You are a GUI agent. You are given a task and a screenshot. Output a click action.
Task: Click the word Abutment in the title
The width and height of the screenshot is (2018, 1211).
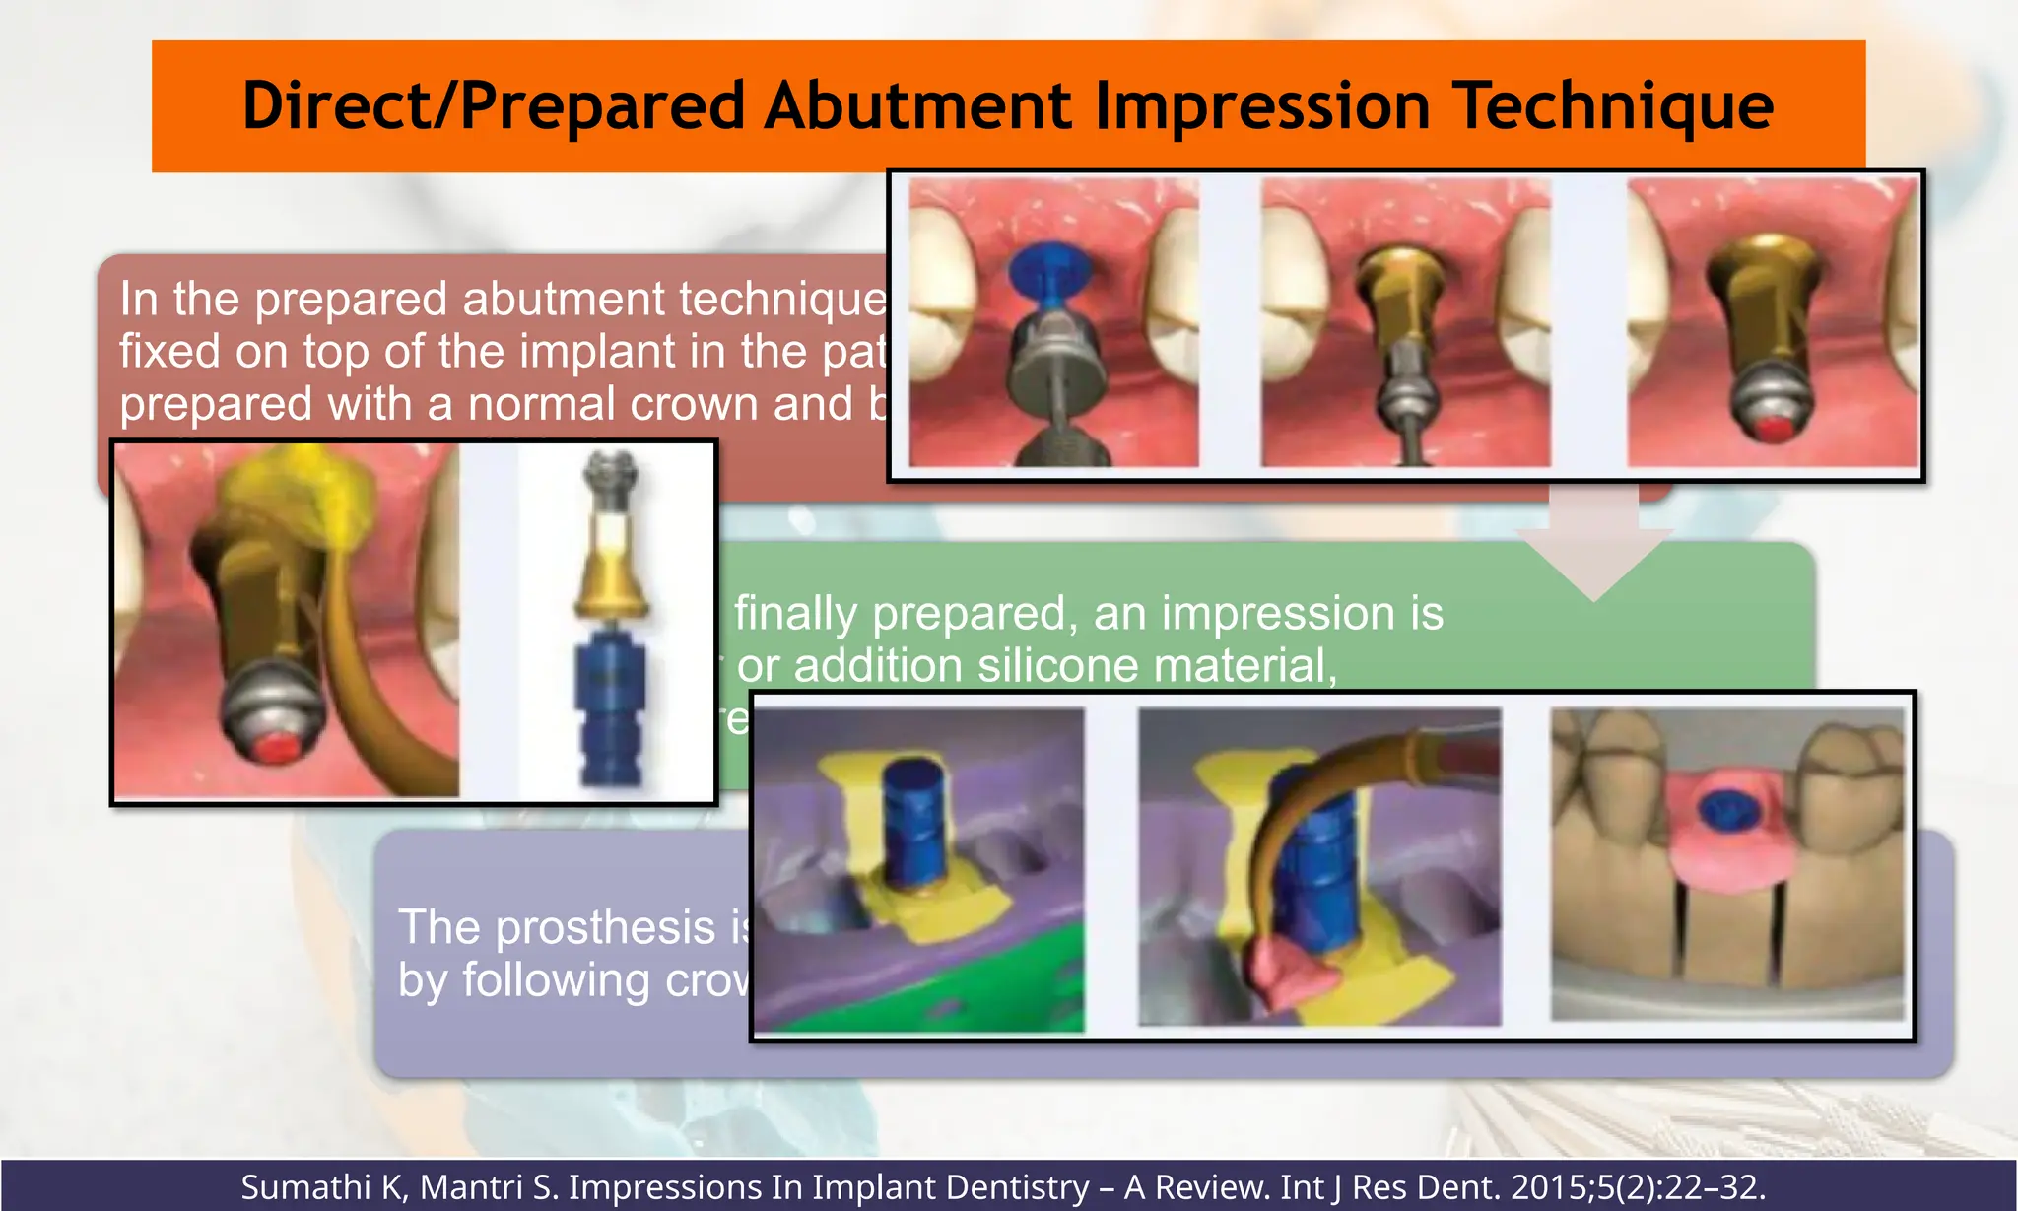point(916,105)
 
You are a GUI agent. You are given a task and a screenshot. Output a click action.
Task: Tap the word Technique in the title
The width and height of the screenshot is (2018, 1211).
point(1612,105)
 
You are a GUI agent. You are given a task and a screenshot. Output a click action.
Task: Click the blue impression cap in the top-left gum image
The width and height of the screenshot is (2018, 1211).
point(1050,271)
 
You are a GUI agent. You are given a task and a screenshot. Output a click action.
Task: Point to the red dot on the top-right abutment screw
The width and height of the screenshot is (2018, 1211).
point(1774,429)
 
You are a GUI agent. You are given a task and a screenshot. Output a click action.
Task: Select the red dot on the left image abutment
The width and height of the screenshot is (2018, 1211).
point(279,747)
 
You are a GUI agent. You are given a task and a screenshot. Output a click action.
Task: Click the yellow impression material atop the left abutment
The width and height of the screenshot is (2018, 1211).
point(296,493)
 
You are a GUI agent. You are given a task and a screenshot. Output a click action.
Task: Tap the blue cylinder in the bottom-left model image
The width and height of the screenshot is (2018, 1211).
point(913,818)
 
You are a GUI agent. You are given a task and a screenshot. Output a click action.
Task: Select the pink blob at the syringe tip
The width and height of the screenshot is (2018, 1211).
point(1291,971)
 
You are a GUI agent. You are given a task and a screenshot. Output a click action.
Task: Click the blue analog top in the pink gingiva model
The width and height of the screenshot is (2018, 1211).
point(1725,809)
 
